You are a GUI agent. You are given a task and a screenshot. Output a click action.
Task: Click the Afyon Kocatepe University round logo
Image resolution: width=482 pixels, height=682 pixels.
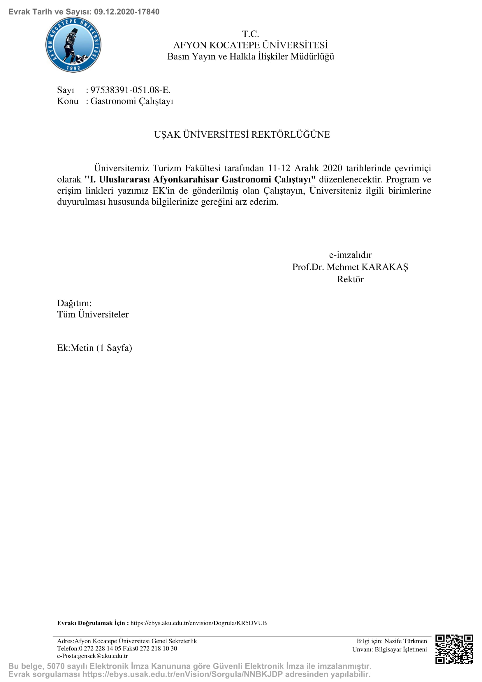[73, 45]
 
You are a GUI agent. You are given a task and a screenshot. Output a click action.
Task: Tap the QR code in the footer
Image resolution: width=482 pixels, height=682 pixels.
[454, 649]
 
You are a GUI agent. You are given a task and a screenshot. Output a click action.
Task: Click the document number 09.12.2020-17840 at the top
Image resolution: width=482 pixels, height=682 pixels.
[127, 12]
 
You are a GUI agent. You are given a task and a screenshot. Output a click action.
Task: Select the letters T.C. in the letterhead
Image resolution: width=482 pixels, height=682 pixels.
[251, 34]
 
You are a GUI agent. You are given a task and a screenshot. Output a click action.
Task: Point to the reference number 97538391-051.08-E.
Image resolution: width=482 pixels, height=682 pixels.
[130, 90]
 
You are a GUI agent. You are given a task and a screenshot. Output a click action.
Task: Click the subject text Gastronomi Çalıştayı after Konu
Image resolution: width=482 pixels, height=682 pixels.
[132, 101]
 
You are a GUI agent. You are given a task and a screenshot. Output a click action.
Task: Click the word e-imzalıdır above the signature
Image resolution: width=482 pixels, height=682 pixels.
[350, 255]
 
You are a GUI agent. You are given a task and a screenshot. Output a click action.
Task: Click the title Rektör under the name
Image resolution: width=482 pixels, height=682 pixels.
[350, 279]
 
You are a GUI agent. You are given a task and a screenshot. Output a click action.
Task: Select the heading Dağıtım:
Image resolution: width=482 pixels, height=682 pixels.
[74, 303]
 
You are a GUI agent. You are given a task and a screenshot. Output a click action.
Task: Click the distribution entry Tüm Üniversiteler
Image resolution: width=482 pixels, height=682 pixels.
[93, 314]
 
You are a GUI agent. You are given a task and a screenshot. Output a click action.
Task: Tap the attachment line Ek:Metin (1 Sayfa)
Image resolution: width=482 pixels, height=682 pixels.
[94, 348]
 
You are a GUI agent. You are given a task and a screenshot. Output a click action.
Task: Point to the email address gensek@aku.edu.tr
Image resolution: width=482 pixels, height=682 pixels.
[103, 656]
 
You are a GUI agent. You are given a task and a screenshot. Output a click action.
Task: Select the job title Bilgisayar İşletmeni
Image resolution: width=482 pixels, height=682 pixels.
[401, 649]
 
